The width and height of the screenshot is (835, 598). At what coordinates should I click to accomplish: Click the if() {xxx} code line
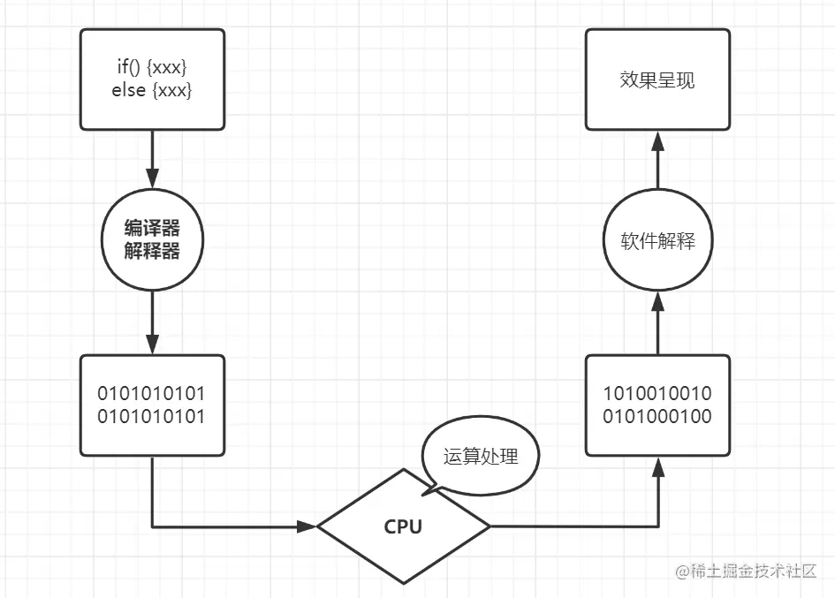click(x=152, y=67)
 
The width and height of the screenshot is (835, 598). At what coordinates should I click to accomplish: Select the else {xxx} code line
click(x=152, y=90)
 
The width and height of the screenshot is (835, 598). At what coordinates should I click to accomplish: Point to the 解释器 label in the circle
click(x=152, y=252)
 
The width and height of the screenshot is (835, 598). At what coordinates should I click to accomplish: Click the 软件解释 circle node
click(x=658, y=241)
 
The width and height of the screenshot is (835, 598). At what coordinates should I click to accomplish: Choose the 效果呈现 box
click(x=658, y=79)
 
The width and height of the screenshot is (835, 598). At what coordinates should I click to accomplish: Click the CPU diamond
click(x=403, y=527)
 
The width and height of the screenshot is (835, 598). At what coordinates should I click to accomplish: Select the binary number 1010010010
click(x=658, y=394)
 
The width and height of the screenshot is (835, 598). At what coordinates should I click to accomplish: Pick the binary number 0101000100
click(x=658, y=416)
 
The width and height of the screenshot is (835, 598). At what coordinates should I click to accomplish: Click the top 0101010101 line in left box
click(x=152, y=394)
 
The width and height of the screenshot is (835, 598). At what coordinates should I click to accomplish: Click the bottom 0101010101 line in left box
click(x=152, y=416)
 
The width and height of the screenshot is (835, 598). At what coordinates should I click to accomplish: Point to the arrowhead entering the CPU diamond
click(x=307, y=527)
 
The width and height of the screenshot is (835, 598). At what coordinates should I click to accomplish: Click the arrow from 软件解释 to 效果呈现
click(x=658, y=159)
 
